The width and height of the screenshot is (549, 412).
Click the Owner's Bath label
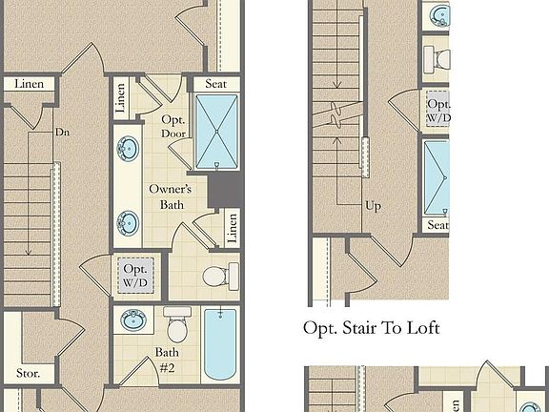(x=171, y=196)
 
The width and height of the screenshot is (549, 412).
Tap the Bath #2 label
(x=167, y=359)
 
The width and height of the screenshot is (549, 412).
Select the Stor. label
(x=28, y=373)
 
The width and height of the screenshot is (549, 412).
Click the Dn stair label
(x=62, y=134)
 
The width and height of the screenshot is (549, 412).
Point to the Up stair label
(x=375, y=205)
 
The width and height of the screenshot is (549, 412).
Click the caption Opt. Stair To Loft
(x=371, y=328)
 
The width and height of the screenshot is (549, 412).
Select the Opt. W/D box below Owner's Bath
(x=132, y=276)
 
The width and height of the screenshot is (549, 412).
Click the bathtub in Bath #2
(x=219, y=345)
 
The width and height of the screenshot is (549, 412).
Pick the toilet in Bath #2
(x=177, y=327)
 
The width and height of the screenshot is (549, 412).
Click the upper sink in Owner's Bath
(x=127, y=150)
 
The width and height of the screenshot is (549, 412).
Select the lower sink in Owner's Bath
(x=127, y=224)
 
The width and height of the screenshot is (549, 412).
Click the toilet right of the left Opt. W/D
(x=216, y=277)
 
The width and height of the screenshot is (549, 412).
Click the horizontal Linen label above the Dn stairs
(x=29, y=84)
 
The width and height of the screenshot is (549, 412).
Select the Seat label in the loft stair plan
(x=437, y=225)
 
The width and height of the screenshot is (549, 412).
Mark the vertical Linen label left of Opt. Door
(x=120, y=99)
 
